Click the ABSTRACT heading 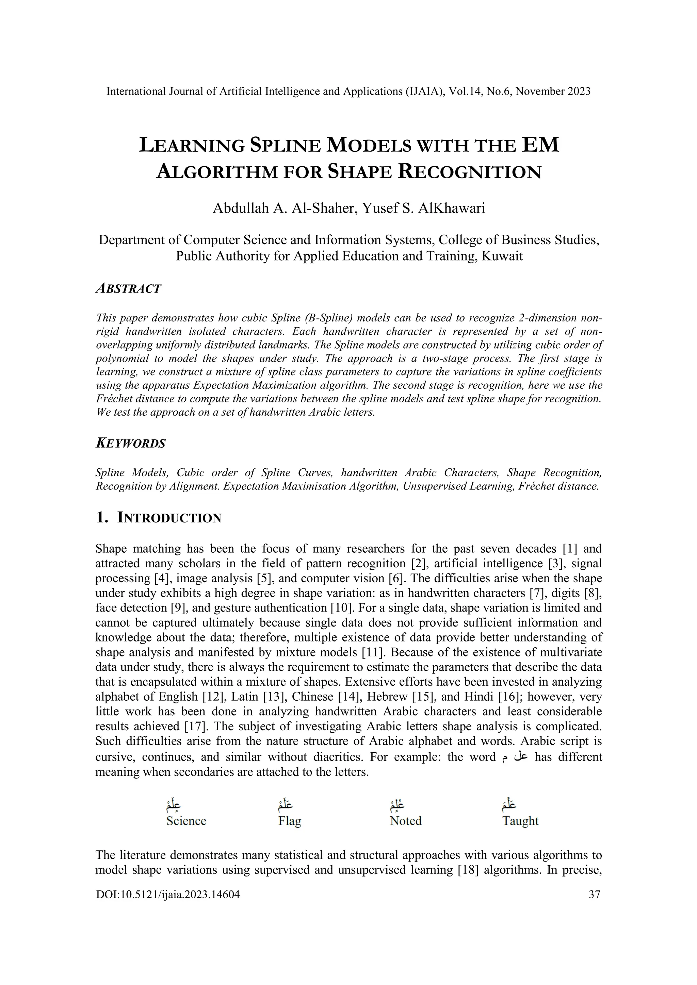(x=128, y=289)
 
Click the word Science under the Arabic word (x=186, y=821)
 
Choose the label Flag (x=290, y=821)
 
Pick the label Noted (x=406, y=821)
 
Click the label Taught (x=520, y=821)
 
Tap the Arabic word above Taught (x=509, y=805)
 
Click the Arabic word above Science (x=173, y=805)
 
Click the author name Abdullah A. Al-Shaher (x=285, y=208)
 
